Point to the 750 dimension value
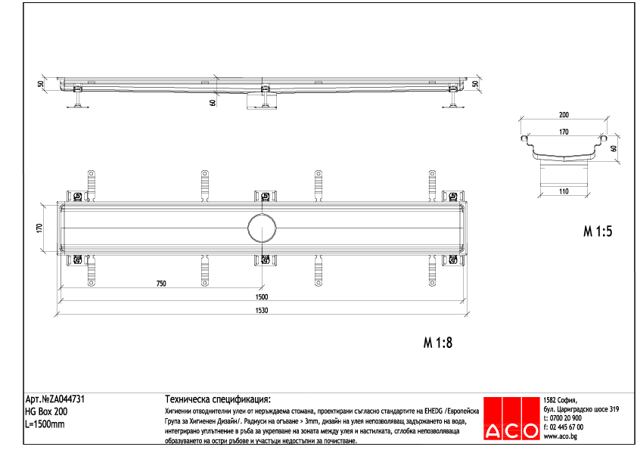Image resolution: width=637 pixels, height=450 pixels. [161, 284]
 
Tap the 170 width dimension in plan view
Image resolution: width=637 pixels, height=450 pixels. [40, 228]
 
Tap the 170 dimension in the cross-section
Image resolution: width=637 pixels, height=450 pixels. [564, 131]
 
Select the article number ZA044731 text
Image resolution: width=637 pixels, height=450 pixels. [60, 399]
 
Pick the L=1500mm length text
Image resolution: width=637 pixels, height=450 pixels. [45, 424]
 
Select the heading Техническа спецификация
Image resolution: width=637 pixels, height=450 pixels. [217, 399]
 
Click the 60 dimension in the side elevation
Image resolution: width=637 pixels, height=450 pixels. [213, 102]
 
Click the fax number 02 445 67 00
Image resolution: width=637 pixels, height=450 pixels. [566, 427]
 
